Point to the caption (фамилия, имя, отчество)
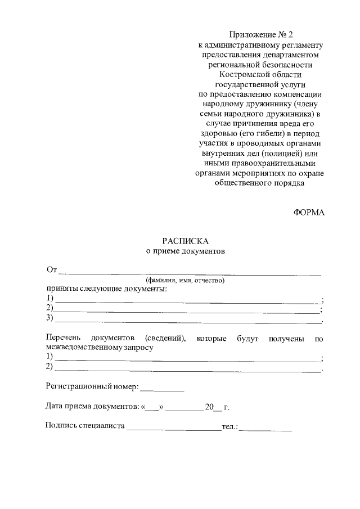click(185, 280)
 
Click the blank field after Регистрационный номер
click(161, 388)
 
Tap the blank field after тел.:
click(268, 429)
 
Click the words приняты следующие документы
click(106, 289)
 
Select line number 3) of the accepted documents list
click(50, 318)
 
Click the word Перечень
click(65, 338)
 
